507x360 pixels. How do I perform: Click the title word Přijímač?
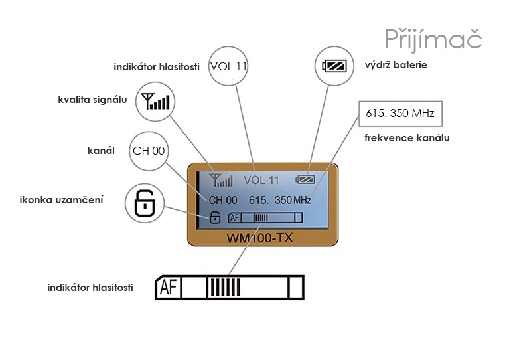[x=433, y=39]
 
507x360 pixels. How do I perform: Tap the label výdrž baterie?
[x=396, y=65]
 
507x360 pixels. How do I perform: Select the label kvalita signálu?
[x=92, y=100]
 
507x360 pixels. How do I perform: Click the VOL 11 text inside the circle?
[x=228, y=66]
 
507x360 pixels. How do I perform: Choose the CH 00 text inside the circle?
[x=149, y=151]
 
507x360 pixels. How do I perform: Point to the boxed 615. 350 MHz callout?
[x=399, y=114]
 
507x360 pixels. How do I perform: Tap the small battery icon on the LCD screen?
[x=307, y=179]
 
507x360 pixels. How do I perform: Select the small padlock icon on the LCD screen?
[x=214, y=217]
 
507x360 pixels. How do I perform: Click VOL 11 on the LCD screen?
[x=261, y=180]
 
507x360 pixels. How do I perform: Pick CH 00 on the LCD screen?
[x=223, y=199]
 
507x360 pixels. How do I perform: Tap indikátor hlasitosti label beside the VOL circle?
[x=157, y=67]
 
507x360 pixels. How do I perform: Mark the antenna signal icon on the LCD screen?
[x=220, y=180]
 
